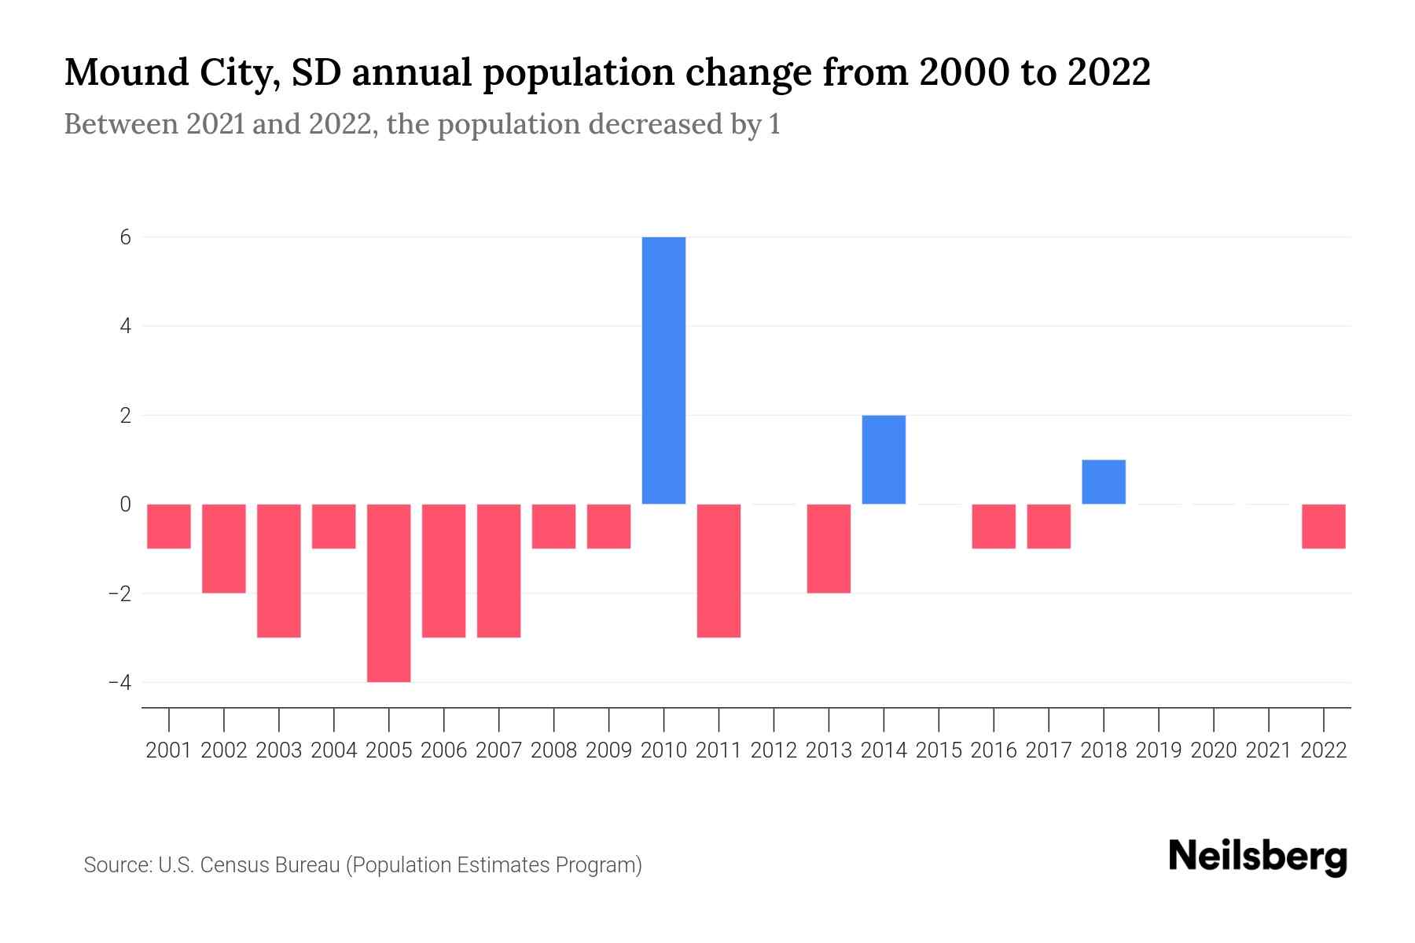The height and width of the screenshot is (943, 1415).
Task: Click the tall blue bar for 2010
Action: pos(663,370)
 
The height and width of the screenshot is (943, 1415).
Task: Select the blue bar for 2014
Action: pos(884,460)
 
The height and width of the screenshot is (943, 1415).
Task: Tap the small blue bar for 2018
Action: pos(1104,482)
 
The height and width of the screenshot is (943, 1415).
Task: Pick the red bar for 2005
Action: pos(389,593)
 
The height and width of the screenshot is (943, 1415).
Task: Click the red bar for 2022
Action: pos(1324,527)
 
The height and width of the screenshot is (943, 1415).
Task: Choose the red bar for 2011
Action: pos(719,571)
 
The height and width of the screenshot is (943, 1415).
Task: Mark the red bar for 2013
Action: pos(829,549)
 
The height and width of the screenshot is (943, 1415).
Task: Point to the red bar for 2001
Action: pos(169,527)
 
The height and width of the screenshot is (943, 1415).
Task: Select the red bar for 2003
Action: pos(279,571)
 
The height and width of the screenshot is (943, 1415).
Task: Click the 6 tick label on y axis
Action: pos(126,237)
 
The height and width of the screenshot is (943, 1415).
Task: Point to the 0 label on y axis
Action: pos(126,505)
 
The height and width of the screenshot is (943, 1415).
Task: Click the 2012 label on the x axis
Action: pos(774,750)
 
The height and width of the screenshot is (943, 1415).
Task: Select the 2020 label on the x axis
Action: pos(1214,750)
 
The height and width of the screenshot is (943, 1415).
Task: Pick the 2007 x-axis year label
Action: pos(499,750)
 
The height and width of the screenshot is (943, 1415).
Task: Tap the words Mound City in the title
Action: pos(169,72)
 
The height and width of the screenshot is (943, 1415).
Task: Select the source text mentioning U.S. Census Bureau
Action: pos(362,865)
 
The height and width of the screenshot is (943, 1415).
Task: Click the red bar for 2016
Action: pos(994,527)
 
